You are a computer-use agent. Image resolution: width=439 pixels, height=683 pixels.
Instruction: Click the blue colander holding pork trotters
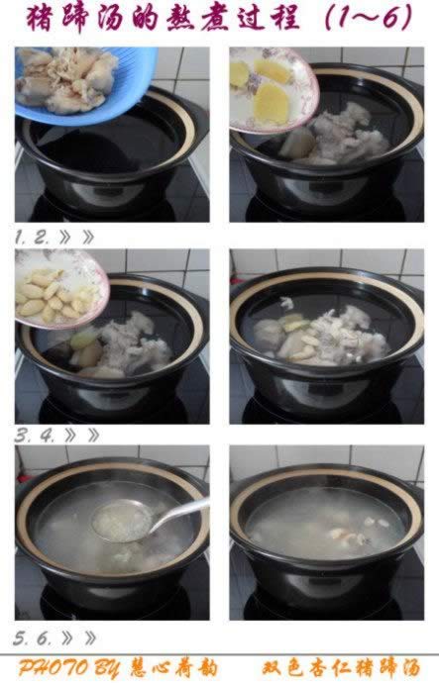83,87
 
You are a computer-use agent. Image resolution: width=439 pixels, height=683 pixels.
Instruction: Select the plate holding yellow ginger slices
273,89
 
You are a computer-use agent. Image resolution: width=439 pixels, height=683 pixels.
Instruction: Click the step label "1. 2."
33,238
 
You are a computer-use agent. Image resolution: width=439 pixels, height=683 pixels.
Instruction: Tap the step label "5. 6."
33,638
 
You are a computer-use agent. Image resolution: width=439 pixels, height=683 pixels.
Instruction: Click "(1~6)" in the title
369,18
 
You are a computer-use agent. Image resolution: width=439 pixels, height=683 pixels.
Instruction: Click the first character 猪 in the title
41,19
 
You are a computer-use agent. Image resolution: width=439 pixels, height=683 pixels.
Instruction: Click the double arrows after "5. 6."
78,638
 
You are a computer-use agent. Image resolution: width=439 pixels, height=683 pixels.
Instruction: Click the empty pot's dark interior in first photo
109,144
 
